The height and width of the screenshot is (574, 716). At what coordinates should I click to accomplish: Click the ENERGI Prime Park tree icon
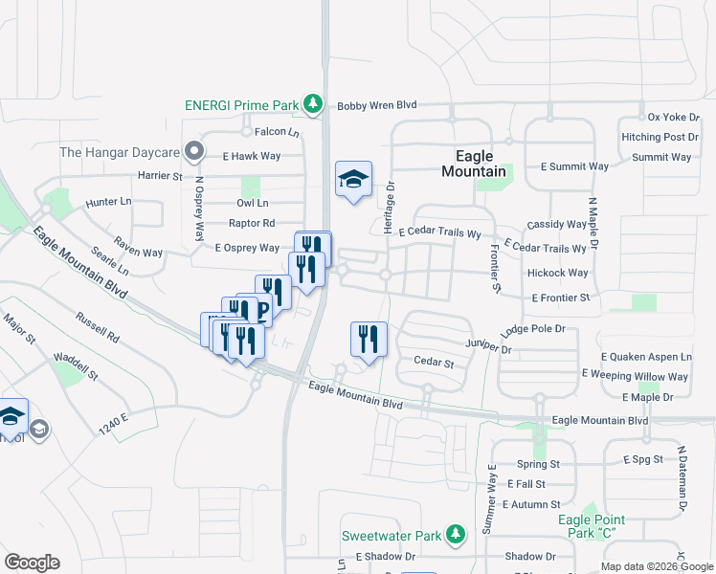click(x=312, y=103)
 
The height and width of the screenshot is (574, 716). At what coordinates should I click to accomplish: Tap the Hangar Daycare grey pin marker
click(x=194, y=151)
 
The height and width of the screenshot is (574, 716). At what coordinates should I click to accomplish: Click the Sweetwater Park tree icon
click(x=458, y=535)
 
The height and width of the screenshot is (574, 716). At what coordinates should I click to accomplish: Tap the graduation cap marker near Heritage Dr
click(x=353, y=179)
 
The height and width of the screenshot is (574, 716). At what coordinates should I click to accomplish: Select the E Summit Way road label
click(x=573, y=166)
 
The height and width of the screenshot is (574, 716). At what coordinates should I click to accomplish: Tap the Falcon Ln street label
click(x=277, y=132)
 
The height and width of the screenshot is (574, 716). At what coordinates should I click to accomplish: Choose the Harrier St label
click(x=160, y=176)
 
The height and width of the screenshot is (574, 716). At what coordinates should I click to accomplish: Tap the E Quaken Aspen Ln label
click(x=645, y=357)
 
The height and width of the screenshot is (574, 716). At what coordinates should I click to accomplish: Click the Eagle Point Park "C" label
click(x=592, y=526)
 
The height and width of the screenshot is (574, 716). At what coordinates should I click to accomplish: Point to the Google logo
click(x=32, y=563)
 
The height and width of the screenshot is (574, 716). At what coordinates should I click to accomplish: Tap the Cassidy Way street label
click(x=557, y=225)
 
